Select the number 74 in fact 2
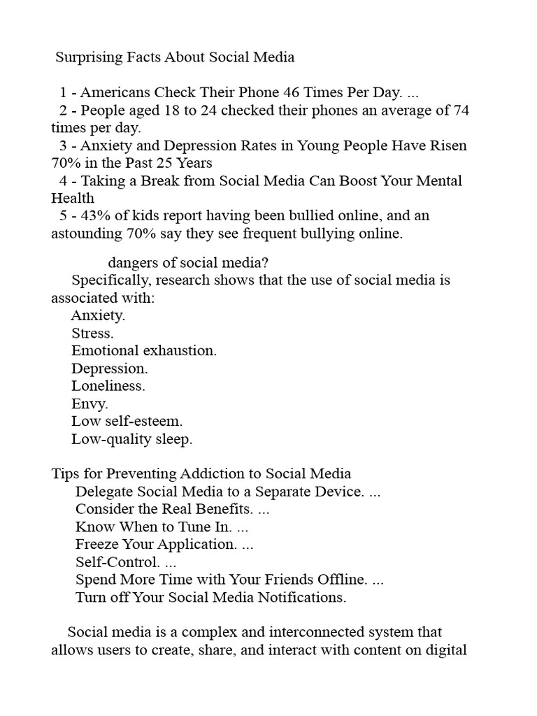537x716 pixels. (461, 110)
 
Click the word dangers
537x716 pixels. (134, 263)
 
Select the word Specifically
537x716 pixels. (110, 280)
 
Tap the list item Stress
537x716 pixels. (92, 334)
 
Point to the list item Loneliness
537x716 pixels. (108, 386)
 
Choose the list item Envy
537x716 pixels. (89, 404)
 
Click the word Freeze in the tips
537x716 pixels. (97, 545)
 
